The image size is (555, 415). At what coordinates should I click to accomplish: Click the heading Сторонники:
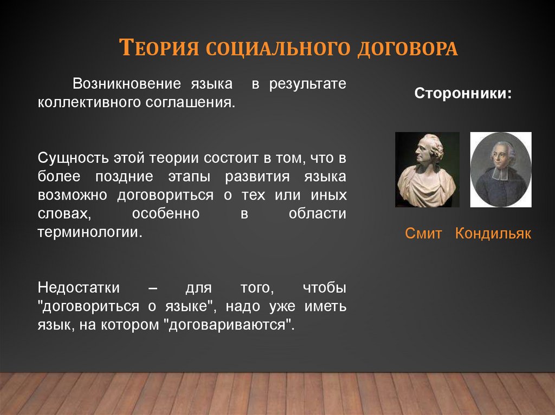coord(463,93)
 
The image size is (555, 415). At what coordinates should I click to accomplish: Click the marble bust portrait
coord(427,170)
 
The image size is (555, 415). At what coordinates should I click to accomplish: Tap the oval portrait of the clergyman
coord(500,170)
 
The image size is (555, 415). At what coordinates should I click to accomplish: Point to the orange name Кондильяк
coord(493,234)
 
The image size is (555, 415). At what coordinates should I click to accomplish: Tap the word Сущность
coord(73,158)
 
